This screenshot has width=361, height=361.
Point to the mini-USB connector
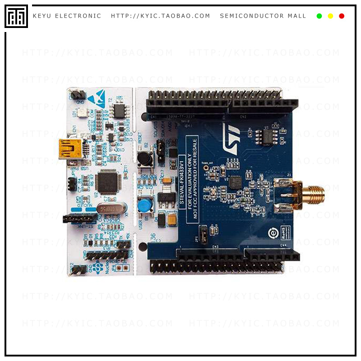[x=70, y=149]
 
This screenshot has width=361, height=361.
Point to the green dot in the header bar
[x=319, y=16]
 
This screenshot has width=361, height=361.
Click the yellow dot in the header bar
[x=330, y=16]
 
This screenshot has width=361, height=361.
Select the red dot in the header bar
[x=342, y=16]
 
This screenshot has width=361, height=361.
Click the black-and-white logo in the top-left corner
[x=16, y=16]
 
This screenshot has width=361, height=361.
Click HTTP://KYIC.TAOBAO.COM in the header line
[x=161, y=16]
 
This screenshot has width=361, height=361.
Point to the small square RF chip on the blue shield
[x=235, y=182]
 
